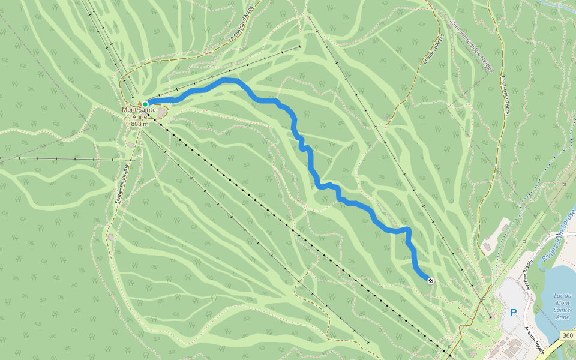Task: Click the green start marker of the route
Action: click(x=145, y=104)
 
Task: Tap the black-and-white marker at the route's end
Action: click(x=431, y=280)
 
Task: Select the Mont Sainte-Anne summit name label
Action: click(x=139, y=110)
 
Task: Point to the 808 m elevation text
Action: click(x=139, y=124)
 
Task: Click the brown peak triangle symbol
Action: click(x=139, y=103)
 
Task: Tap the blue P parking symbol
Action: click(x=513, y=312)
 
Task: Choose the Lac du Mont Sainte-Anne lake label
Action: click(x=562, y=305)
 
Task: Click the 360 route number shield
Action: click(x=567, y=334)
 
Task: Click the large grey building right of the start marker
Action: click(x=163, y=112)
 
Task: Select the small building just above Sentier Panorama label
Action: click(x=131, y=145)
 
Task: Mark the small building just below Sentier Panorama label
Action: click(x=110, y=237)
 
